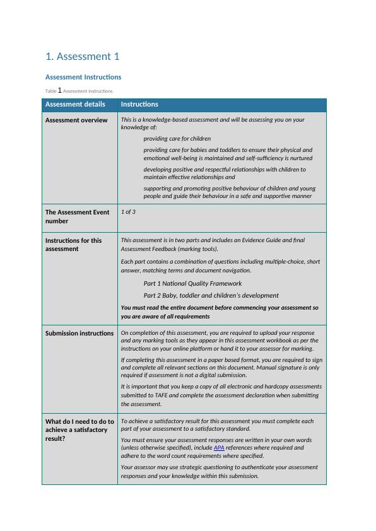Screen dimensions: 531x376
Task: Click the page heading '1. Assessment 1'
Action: (x=83, y=57)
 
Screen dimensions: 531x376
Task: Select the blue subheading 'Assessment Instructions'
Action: (x=83, y=77)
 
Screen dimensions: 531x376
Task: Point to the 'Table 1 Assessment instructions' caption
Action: (x=79, y=91)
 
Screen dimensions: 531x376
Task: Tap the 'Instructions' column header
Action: (x=139, y=105)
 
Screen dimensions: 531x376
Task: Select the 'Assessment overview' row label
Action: (x=76, y=120)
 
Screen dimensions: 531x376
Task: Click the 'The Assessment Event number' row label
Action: (x=77, y=216)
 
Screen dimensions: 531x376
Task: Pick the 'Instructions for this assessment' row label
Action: (x=73, y=244)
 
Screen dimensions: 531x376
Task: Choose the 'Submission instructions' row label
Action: (x=79, y=333)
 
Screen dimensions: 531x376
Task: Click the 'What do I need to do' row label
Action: (x=79, y=429)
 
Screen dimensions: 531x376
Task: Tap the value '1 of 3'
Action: (x=128, y=212)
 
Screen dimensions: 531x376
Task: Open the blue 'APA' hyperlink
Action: (x=219, y=448)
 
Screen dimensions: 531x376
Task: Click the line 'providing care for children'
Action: (x=177, y=138)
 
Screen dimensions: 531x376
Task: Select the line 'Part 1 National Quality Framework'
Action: (x=192, y=283)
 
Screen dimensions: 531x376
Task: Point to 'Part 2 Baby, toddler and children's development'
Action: (x=211, y=295)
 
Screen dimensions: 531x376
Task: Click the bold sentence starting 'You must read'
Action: (x=220, y=312)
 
